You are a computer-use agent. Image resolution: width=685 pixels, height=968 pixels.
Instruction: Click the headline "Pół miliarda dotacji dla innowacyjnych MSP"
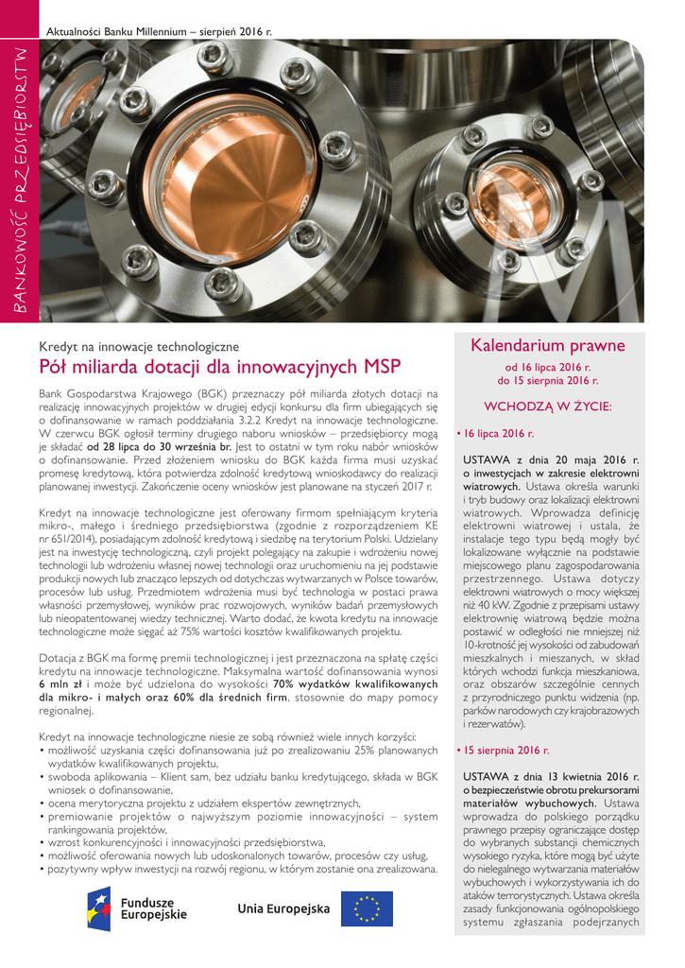coord(219,367)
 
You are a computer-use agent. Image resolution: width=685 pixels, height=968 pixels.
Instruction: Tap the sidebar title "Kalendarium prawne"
coord(548,346)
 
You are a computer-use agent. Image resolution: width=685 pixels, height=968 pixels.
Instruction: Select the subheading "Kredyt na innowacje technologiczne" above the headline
coord(139,347)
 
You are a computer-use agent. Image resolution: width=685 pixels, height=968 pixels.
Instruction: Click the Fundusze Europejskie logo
coord(136,908)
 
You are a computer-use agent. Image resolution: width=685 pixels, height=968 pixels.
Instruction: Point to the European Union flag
coord(367,908)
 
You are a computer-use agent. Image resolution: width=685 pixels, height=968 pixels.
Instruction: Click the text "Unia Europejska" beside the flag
coord(283,909)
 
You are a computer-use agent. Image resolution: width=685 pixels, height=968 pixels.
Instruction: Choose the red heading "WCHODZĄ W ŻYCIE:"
coord(548,406)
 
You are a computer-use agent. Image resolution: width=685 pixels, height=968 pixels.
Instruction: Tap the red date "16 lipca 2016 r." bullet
coord(497,434)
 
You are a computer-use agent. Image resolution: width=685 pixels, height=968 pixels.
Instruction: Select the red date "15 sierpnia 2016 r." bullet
coord(505,751)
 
